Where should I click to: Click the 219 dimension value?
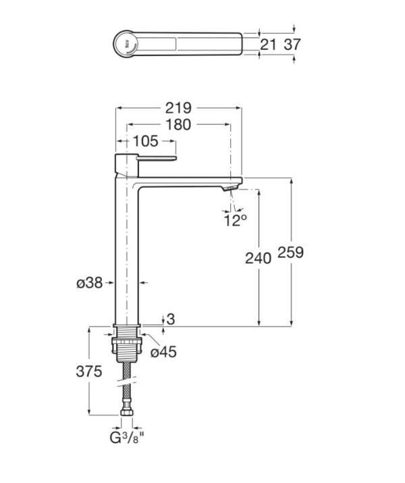(178, 108)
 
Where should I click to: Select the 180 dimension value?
(178, 125)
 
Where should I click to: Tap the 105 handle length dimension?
(145, 141)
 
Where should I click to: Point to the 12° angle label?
(235, 220)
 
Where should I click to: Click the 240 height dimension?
(259, 258)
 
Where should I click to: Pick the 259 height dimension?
(290, 252)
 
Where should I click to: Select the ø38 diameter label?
(90, 282)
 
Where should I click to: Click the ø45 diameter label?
(163, 352)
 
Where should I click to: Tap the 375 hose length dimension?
(89, 372)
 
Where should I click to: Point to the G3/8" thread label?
(127, 438)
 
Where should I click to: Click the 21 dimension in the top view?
(268, 45)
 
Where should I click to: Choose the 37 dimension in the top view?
(292, 45)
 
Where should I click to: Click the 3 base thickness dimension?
(171, 319)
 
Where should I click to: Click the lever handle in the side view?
(157, 158)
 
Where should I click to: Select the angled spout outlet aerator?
(231, 188)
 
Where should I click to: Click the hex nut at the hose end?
(127, 412)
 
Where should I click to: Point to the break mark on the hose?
(126, 382)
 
